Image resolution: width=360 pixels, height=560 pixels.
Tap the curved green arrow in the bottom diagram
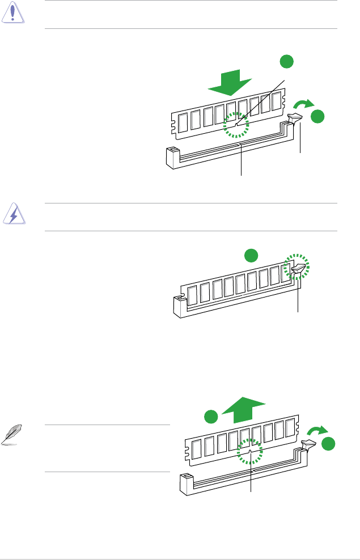coord(318,431)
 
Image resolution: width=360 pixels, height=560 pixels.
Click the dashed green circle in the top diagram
coord(235,124)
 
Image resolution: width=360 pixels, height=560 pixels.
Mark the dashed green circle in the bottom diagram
coord(251,454)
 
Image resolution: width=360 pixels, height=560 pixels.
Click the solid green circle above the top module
coord(287,62)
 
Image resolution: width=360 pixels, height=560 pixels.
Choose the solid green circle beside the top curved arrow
coord(317,116)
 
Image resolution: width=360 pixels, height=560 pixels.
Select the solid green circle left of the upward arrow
coord(212,415)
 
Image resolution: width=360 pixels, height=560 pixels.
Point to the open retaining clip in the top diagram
coord(295,120)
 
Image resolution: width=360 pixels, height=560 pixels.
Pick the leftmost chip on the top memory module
coord(183,122)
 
